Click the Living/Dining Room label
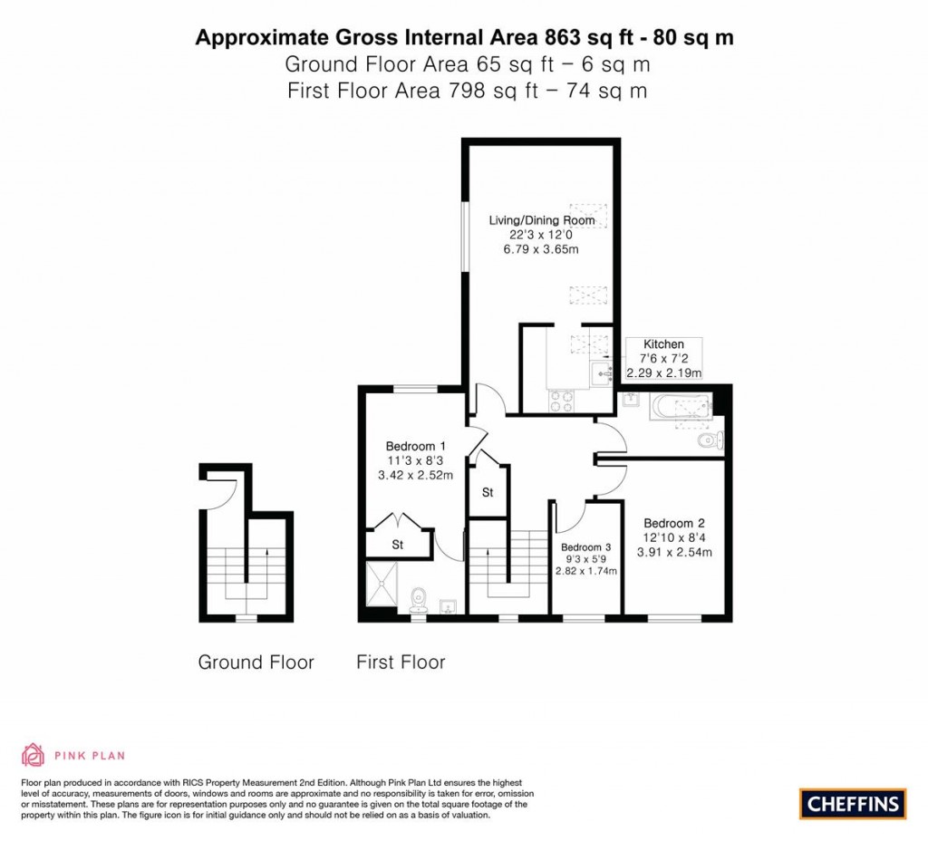[542, 220]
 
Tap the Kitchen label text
[663, 343]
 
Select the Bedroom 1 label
[415, 446]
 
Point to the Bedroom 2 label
[674, 523]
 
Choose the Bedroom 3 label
[586, 547]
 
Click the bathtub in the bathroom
[680, 407]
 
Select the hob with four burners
[562, 401]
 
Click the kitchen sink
[601, 373]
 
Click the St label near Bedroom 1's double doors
[398, 545]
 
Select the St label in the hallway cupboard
[488, 492]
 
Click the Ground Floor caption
[256, 662]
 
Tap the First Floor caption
[401, 662]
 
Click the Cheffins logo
[853, 804]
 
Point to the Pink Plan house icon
[34, 755]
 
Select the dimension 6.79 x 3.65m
[541, 249]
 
